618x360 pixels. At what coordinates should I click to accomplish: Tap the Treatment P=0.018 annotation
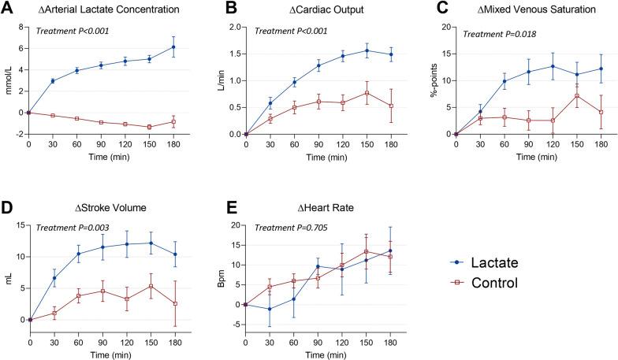504,34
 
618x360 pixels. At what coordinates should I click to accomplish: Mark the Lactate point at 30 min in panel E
270,310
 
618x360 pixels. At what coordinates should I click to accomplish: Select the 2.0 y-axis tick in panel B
234,27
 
